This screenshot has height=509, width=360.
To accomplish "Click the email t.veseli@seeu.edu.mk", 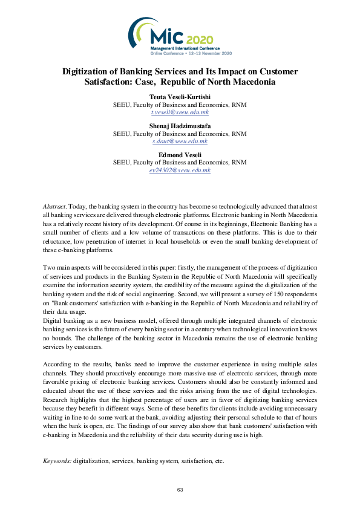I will [x=180, y=112].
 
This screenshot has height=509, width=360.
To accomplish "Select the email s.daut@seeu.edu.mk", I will [x=180, y=141].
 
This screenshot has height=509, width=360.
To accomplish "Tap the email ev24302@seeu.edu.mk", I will [x=180, y=170].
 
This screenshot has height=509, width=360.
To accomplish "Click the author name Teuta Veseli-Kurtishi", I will [x=180, y=97].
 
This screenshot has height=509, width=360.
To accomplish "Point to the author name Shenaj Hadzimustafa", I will [x=180, y=126].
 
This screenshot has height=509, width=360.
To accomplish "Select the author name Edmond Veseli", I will [x=180, y=155].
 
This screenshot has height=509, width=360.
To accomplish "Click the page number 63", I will [x=180, y=490].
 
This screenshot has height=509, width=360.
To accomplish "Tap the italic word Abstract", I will [x=55, y=207].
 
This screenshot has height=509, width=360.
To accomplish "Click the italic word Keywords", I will [x=57, y=461].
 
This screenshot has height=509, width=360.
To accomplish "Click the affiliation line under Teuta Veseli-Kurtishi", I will [x=180, y=105].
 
